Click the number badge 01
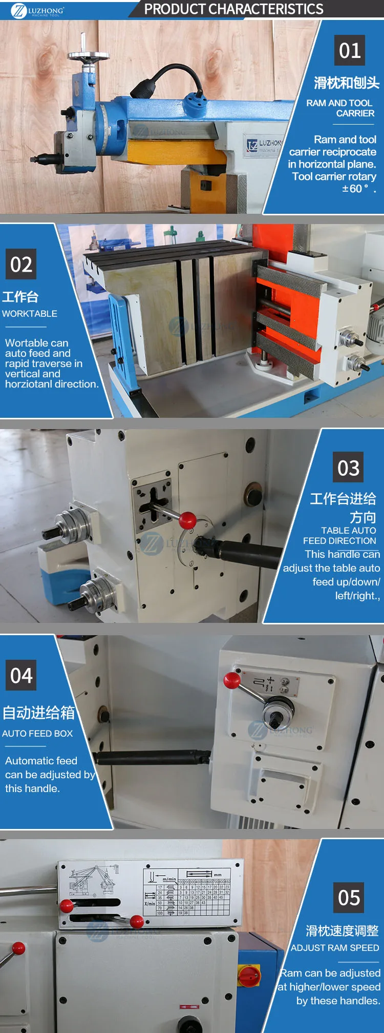(350, 50)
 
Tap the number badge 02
(21, 264)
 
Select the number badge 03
(348, 468)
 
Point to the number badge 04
(21, 675)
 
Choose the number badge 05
(349, 898)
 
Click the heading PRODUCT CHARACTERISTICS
(233, 9)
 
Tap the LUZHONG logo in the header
(38, 10)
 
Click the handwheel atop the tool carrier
(88, 55)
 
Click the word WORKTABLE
(30, 314)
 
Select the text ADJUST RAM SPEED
(335, 948)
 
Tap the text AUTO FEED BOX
(37, 734)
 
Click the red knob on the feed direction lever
(187, 520)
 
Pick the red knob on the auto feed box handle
(232, 680)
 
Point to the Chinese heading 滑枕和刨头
(347, 83)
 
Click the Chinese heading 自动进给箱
(39, 713)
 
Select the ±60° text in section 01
(355, 189)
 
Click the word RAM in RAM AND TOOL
(316, 103)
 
